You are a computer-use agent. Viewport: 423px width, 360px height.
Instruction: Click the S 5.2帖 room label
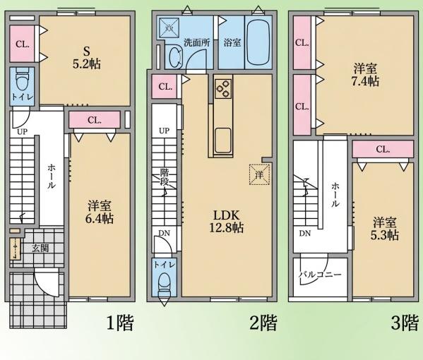click(87, 58)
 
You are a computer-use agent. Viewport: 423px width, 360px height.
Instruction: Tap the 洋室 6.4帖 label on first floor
click(100, 212)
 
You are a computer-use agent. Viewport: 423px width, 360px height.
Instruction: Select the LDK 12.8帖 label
click(227, 222)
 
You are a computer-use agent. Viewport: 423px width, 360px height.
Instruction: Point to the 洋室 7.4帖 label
click(365, 75)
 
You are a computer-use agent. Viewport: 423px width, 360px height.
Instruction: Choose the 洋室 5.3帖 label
click(385, 229)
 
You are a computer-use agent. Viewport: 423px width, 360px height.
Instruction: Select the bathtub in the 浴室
click(258, 42)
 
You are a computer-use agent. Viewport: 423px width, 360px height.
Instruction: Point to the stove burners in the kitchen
click(223, 89)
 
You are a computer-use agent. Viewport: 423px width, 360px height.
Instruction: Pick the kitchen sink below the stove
click(223, 140)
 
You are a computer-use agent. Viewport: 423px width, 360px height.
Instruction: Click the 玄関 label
click(40, 248)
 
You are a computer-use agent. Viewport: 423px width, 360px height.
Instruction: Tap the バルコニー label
click(320, 275)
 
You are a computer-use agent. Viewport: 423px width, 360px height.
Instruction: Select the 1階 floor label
click(120, 323)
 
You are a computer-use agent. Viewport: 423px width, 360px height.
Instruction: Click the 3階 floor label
click(405, 323)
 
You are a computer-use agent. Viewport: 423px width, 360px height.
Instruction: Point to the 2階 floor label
click(263, 323)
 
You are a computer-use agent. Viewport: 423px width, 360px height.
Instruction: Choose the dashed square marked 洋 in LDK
click(259, 175)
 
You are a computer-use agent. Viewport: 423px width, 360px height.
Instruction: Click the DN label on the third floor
click(305, 233)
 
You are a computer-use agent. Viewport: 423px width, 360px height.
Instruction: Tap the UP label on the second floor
click(164, 131)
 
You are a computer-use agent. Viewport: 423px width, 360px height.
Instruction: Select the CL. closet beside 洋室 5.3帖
click(383, 149)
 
